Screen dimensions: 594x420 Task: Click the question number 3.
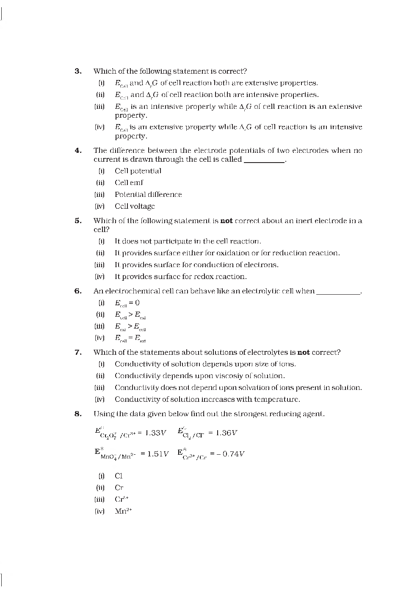[x=78, y=71]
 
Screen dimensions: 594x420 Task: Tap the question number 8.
[x=78, y=414]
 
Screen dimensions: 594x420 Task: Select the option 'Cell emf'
[x=129, y=183]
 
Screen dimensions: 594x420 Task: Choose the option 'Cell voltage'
[x=135, y=206]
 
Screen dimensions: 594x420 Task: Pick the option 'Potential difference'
[x=148, y=195]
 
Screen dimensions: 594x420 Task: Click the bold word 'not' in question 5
[x=227, y=221]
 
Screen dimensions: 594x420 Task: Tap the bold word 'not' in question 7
[x=304, y=352]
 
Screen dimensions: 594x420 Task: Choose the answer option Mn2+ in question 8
[x=123, y=511]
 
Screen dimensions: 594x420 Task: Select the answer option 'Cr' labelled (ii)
[x=119, y=488]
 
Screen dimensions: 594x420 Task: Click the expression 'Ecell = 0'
[x=127, y=303]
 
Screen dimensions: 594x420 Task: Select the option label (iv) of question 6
[x=99, y=338]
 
